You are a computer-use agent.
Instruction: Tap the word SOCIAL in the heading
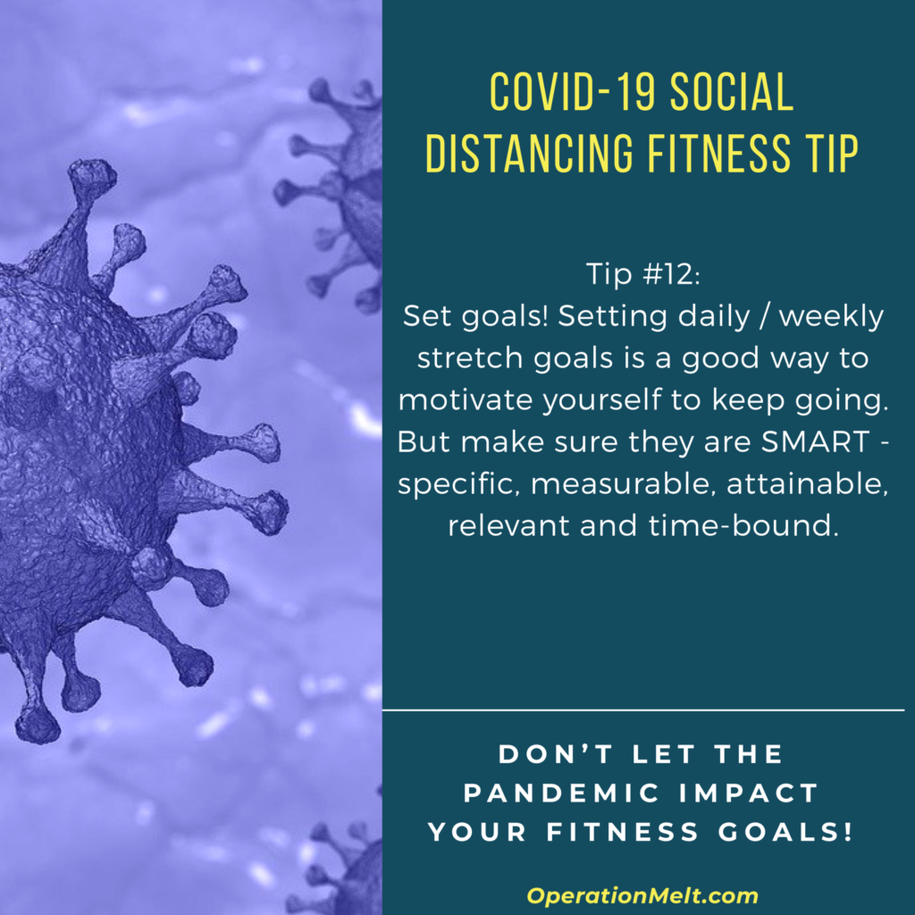[732, 92]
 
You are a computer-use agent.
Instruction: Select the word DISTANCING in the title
[529, 153]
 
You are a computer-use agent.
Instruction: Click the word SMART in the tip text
[815, 441]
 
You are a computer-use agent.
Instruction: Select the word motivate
[467, 400]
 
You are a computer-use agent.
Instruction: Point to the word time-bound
[743, 525]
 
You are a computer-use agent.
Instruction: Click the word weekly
[831, 318]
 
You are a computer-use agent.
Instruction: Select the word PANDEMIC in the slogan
[561, 793]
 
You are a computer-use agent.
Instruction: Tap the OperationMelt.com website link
[642, 895]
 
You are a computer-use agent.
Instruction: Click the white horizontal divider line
[643, 710]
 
